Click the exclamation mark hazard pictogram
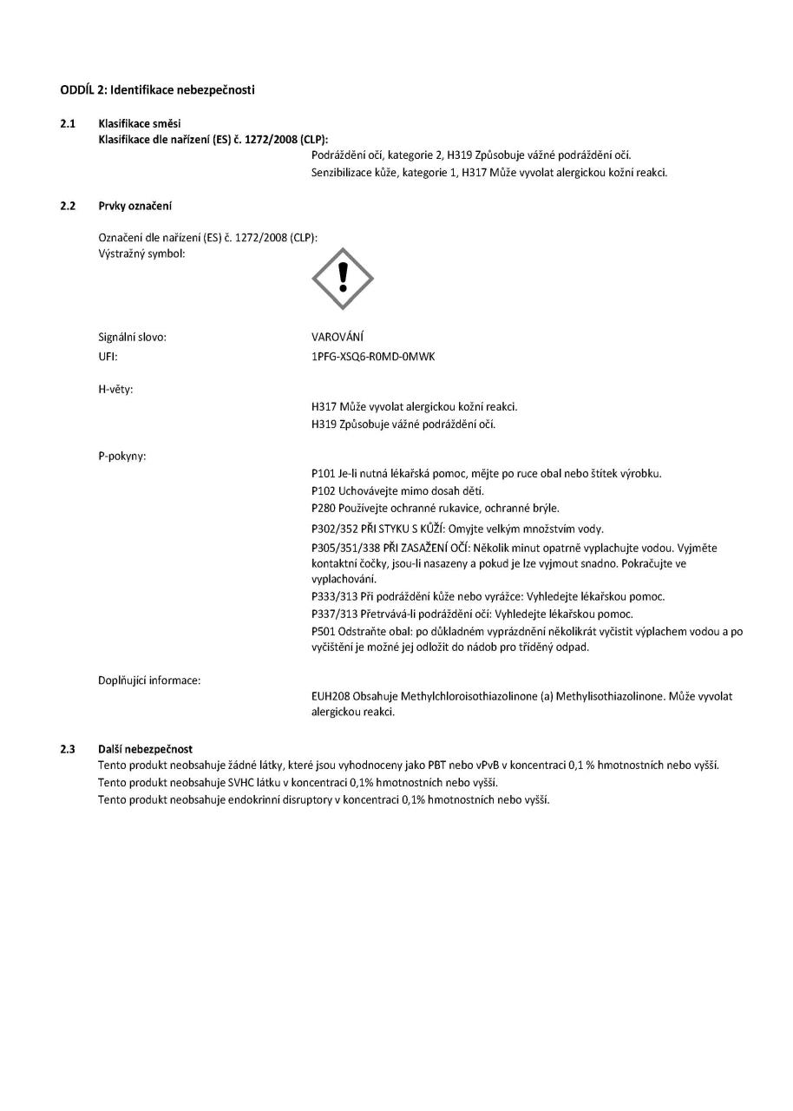[343, 279]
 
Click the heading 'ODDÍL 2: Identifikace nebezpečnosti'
[157, 90]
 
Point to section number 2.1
[67, 123]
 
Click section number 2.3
[67, 748]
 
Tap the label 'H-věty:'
[115, 389]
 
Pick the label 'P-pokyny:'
[121, 457]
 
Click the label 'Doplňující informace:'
[149, 680]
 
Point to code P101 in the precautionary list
[323, 473]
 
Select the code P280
[323, 508]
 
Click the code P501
[323, 631]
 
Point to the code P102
[323, 490]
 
